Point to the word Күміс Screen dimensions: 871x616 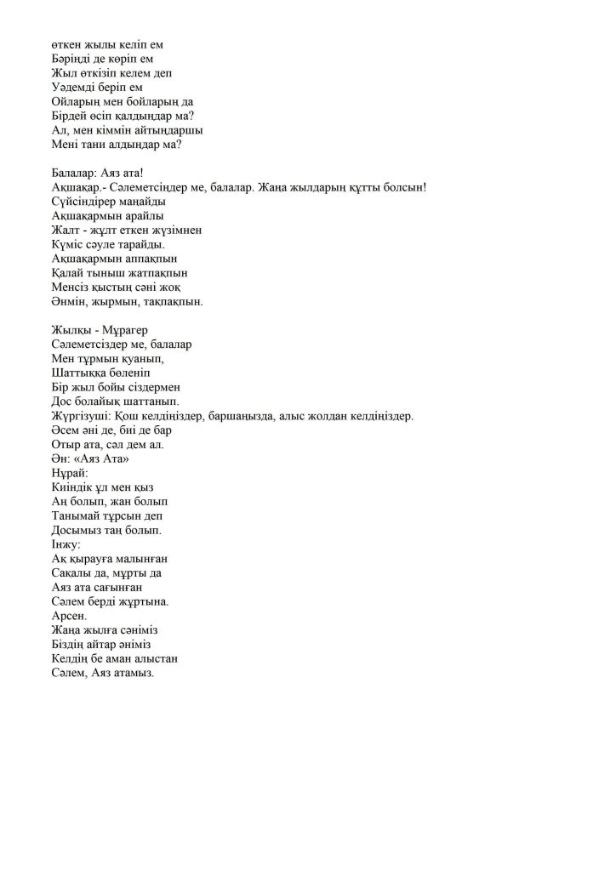[68, 244]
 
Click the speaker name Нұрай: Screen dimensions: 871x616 [70, 473]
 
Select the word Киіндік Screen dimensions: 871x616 [75, 487]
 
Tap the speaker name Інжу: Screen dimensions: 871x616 [66, 544]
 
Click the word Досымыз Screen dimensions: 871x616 [79, 530]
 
